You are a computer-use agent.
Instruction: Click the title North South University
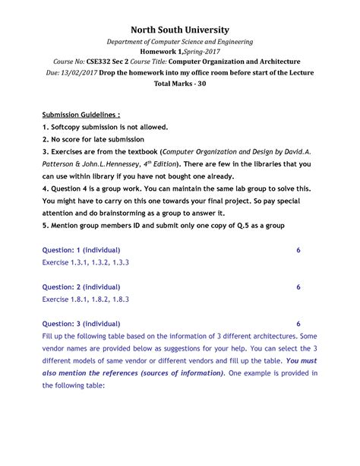pos(179,29)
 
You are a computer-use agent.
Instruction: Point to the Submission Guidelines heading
pos(81,113)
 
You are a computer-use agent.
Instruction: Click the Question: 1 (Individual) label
pos(81,249)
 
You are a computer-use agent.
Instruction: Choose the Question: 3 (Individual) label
pos(81,323)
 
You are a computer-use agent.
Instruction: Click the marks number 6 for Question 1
pos(298,249)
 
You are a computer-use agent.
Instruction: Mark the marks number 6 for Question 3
pos(298,323)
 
